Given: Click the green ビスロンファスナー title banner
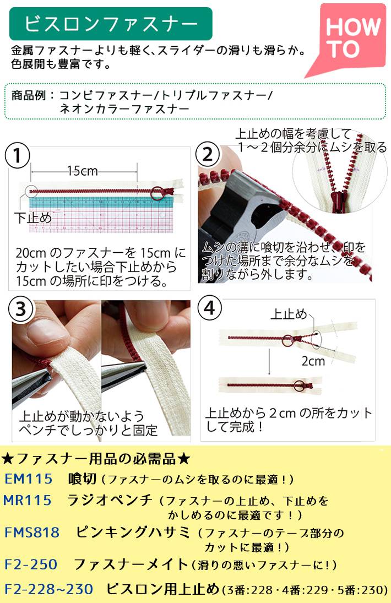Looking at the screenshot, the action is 111,24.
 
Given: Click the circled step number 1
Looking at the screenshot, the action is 17,156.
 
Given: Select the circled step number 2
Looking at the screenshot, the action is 208,155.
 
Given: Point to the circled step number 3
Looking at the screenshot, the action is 20,309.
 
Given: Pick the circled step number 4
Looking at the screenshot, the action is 209,308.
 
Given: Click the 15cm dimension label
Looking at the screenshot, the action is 82,171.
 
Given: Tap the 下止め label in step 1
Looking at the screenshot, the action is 32,218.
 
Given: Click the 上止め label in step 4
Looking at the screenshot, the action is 289,314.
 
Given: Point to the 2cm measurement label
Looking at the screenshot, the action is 313,361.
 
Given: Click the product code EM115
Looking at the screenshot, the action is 28,479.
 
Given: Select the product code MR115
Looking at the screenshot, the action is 28,500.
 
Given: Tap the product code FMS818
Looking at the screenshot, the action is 32,533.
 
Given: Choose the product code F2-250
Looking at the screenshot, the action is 31,564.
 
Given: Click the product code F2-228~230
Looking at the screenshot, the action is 49,589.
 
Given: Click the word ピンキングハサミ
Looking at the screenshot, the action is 133,532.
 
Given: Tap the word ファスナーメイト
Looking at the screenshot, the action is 131,564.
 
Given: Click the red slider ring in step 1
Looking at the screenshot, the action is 158,193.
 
